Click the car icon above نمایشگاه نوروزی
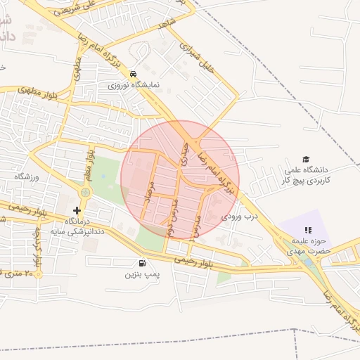click(x=133, y=74)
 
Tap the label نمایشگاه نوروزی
click(x=134, y=85)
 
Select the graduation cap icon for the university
click(x=306, y=160)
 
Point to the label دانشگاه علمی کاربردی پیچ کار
click(x=307, y=175)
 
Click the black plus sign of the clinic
click(x=77, y=210)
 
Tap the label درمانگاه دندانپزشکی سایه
click(x=77, y=226)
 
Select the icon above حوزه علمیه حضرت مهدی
click(x=307, y=230)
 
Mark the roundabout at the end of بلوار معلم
click(x=86, y=192)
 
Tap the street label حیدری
click(x=185, y=153)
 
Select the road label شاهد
click(x=167, y=23)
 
